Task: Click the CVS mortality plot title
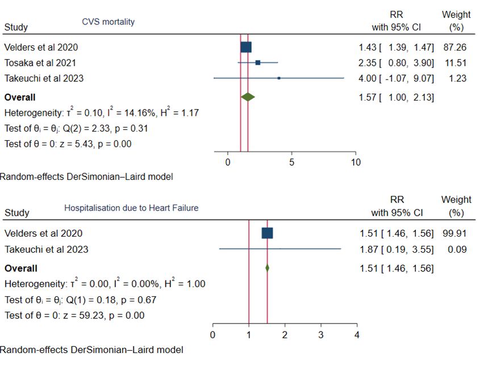click(109, 22)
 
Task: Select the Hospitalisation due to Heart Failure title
click(131, 208)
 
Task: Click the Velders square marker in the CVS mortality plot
click(246, 47)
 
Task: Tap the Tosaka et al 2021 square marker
click(258, 62)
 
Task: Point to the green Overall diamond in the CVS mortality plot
click(248, 97)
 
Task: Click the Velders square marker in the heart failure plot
click(267, 233)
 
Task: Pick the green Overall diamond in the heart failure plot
click(267, 268)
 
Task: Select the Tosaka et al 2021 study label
click(40, 62)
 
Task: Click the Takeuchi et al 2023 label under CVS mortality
click(44, 78)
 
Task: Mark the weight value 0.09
click(458, 249)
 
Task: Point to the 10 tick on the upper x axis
click(356, 162)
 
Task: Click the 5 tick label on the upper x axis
click(291, 162)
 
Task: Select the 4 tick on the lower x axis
click(357, 334)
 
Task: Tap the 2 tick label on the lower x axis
click(285, 334)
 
